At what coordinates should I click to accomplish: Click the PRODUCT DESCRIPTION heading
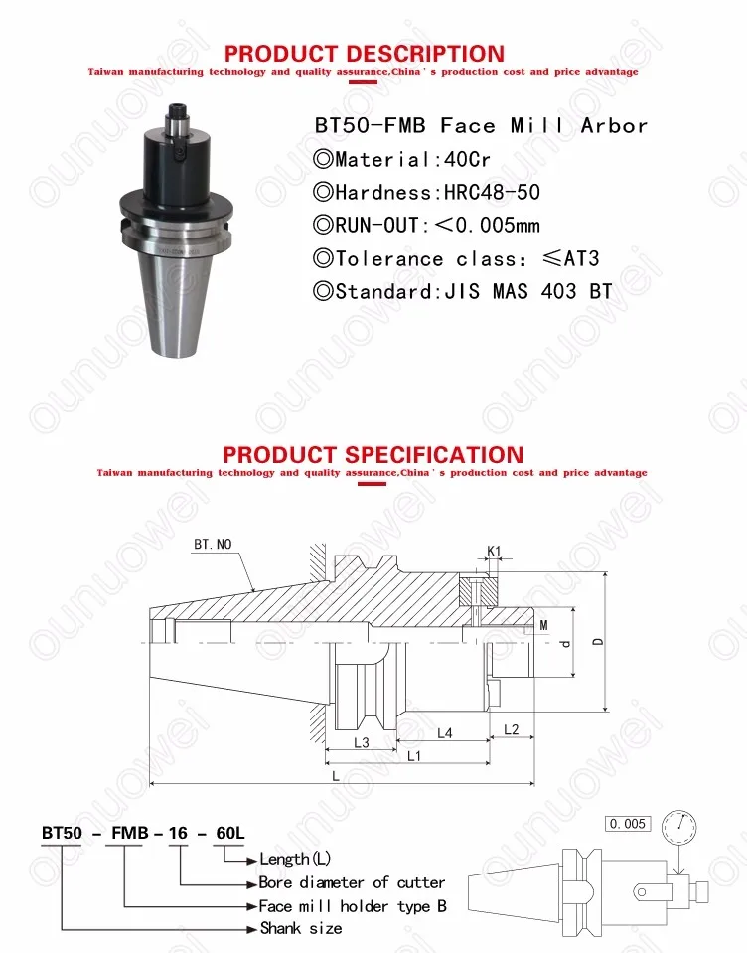coord(365,54)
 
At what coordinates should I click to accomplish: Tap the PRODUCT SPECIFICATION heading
coord(373,454)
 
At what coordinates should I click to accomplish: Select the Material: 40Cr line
coord(401,159)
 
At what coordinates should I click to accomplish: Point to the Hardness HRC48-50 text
coord(426,192)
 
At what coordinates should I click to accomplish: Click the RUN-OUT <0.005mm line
coord(426,225)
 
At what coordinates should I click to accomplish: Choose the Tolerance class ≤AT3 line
coord(456,259)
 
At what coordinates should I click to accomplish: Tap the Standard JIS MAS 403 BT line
coord(463,292)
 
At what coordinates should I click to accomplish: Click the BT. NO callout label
coord(213,544)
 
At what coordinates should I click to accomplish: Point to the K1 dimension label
coord(494,552)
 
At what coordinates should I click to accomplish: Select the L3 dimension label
coord(362,742)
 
